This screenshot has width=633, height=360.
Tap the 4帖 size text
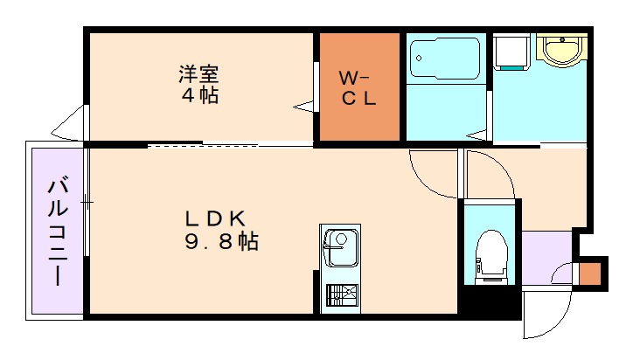click(x=200, y=95)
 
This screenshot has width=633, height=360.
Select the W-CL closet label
click(x=358, y=87)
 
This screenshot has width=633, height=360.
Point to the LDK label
click(x=219, y=218)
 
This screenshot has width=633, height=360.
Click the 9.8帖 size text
click(x=219, y=242)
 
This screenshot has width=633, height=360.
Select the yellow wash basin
click(x=560, y=50)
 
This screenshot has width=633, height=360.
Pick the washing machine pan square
click(x=511, y=52)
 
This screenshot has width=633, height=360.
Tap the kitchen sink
click(x=339, y=247)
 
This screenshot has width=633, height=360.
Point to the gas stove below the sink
click(x=339, y=295)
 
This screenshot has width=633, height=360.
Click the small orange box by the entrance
click(x=591, y=273)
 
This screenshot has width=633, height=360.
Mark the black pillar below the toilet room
click(x=490, y=301)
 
